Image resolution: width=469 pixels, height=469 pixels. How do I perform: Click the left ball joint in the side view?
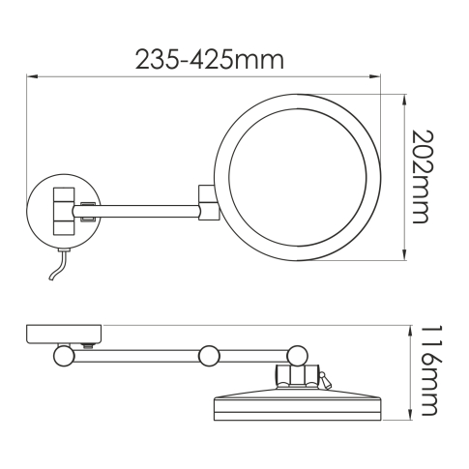coord(65,355)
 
